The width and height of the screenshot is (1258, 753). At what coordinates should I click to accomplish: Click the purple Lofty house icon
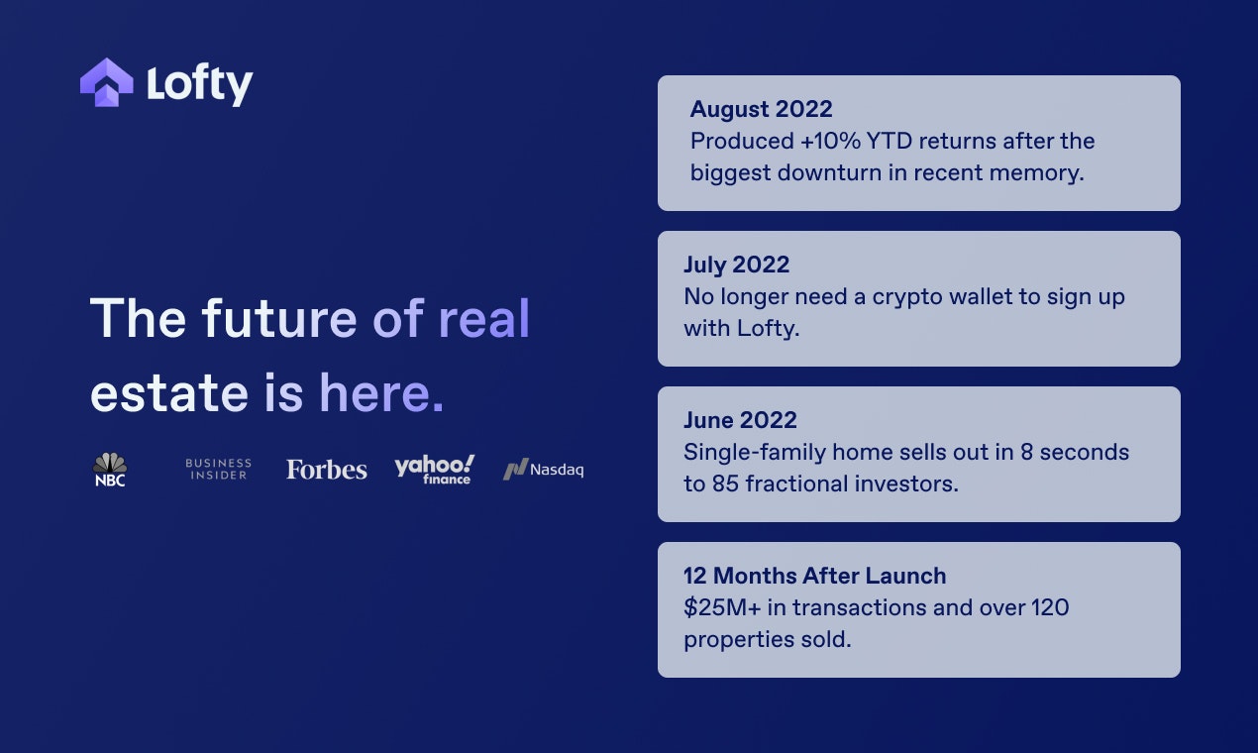[x=107, y=82]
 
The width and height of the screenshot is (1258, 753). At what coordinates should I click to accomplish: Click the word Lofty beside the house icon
[x=200, y=84]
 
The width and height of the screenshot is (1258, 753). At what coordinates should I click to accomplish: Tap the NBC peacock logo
[x=110, y=470]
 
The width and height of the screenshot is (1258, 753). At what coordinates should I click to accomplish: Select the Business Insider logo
[x=219, y=470]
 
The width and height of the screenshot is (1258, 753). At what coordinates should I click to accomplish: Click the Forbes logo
[x=326, y=470]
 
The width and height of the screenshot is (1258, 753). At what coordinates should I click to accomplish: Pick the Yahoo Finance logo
[x=434, y=470]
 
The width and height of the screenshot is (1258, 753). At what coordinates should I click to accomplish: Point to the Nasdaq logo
[x=543, y=470]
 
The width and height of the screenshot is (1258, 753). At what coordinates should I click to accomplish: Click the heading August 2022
[x=761, y=109]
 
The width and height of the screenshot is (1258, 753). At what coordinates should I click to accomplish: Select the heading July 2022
[x=736, y=265]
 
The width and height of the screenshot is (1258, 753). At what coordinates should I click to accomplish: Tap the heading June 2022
[x=740, y=420]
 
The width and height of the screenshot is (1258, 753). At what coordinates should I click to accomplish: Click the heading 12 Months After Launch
[x=815, y=576]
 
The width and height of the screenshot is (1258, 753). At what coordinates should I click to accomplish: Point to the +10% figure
[x=830, y=141]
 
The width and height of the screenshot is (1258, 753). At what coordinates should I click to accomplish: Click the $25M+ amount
[x=722, y=607]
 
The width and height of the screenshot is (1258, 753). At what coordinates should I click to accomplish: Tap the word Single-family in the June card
[x=754, y=453]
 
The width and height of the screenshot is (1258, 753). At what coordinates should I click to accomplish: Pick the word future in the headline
[x=279, y=318]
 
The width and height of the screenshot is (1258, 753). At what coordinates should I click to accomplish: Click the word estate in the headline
[x=169, y=392]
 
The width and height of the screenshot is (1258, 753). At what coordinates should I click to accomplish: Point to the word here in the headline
[x=374, y=391]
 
